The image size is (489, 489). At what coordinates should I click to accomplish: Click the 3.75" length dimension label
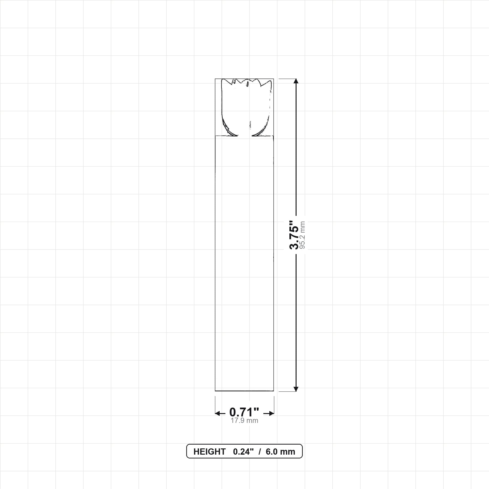tap(294, 235)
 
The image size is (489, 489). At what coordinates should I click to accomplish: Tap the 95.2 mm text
tap(302, 235)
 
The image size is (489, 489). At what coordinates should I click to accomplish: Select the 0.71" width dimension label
tap(244, 412)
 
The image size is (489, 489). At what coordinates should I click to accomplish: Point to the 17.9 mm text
tap(244, 421)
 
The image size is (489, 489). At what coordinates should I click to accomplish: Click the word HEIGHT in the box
tap(209, 452)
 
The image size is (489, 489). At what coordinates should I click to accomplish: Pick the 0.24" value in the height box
tap(243, 452)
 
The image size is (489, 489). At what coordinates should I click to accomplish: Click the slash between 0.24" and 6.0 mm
tap(260, 452)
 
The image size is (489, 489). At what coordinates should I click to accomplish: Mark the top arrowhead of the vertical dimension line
tap(296, 81)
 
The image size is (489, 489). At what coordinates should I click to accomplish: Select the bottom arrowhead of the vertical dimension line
tap(296, 389)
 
